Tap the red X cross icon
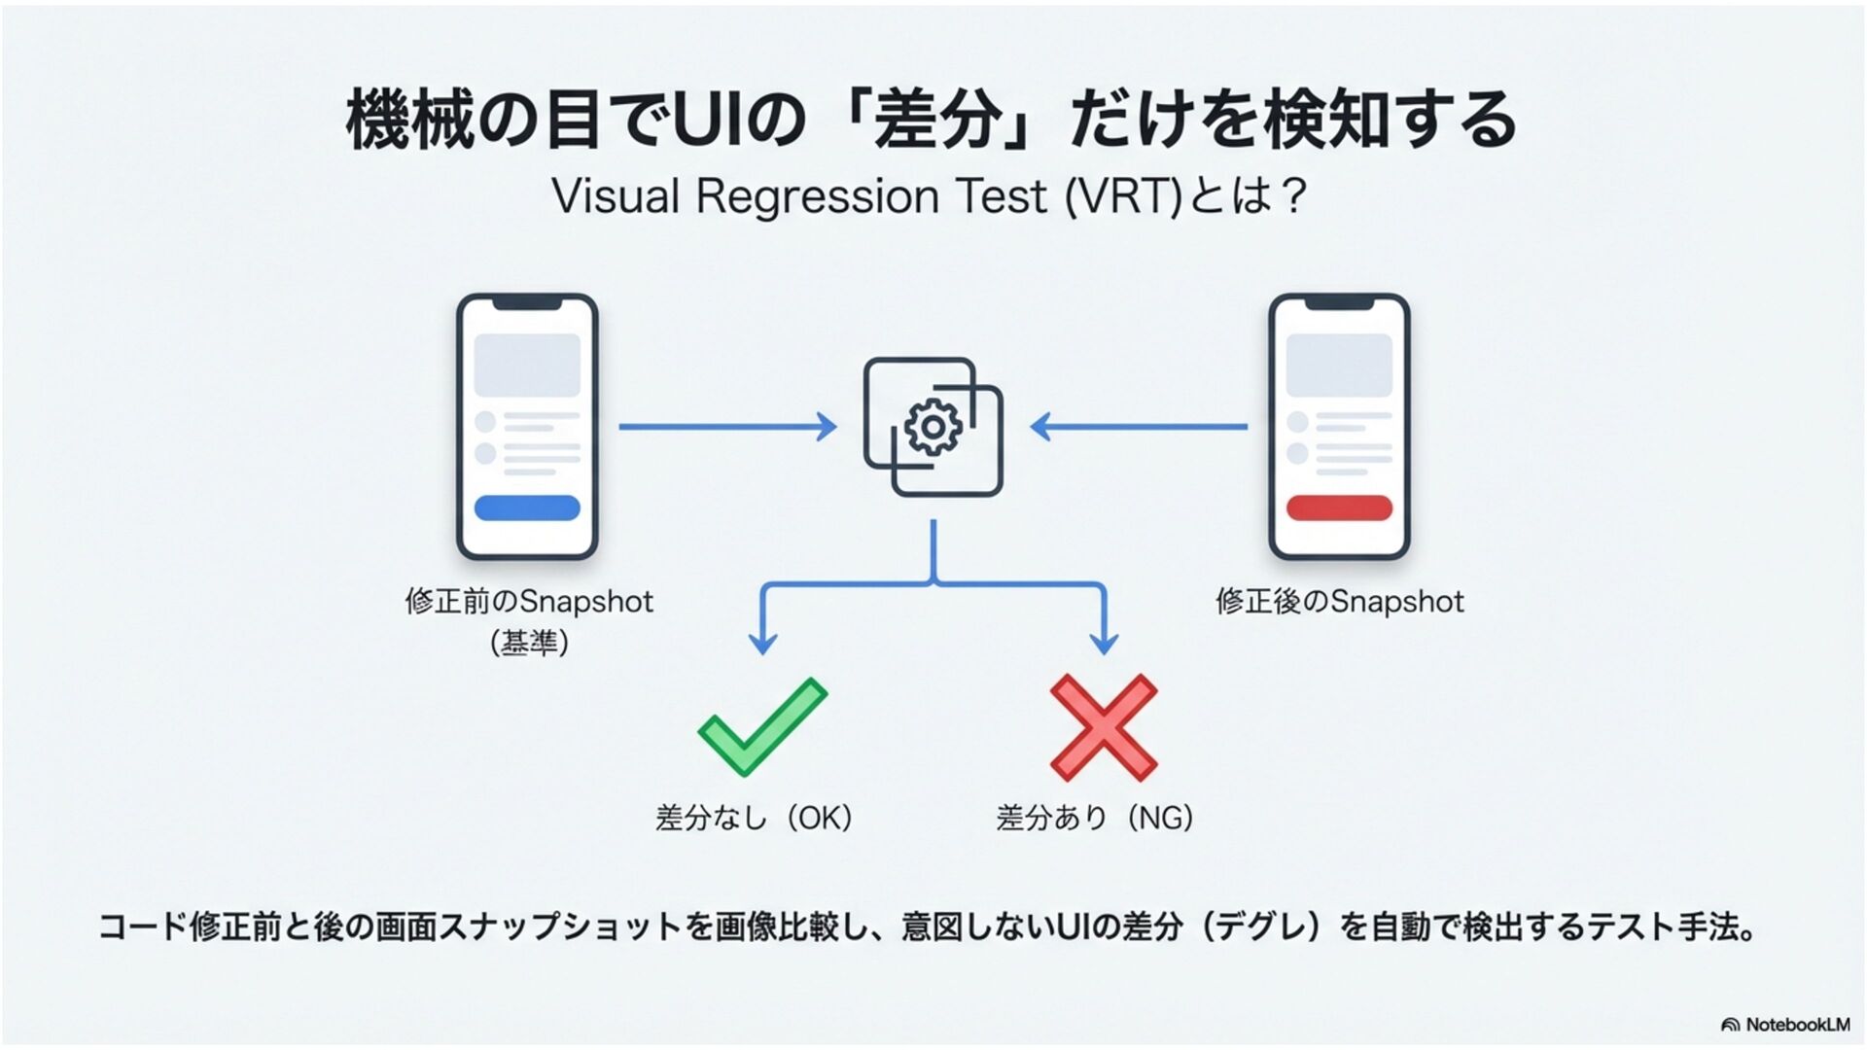tap(1104, 727)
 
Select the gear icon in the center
tap(933, 427)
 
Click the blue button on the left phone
tap(527, 507)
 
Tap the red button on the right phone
tap(1339, 507)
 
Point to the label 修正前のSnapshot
tap(529, 602)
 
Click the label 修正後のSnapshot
tap(1339, 602)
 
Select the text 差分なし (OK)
tap(754, 818)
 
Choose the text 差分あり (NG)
tap(1094, 818)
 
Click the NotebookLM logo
tap(1785, 1025)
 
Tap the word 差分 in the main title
tap(937, 121)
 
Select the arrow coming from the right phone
tap(1139, 427)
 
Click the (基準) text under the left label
tap(529, 643)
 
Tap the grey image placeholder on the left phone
tap(527, 365)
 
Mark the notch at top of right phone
tap(1339, 304)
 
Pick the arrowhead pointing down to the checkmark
tap(763, 643)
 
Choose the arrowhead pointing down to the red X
tap(1104, 643)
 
